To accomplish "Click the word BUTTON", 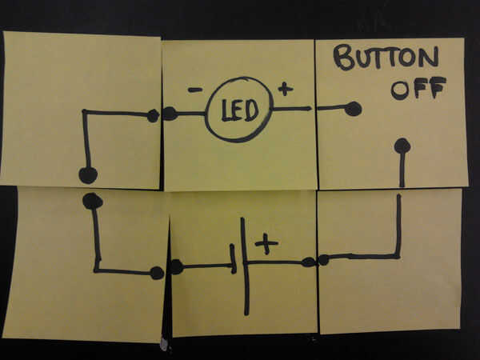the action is (x=386, y=58).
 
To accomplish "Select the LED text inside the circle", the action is (x=239, y=110).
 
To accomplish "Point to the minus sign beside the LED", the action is (x=194, y=90).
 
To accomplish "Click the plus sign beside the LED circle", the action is (x=285, y=89).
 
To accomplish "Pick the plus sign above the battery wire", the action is (x=266, y=242).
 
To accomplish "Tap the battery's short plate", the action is (x=233, y=258).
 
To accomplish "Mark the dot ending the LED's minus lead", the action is (x=170, y=114).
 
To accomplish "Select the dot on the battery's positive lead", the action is (x=308, y=262).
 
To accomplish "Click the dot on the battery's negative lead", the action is (x=176, y=267).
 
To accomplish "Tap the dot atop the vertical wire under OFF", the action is (x=402, y=146).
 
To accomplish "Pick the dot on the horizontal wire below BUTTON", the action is (x=353, y=108).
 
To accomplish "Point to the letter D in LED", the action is (x=251, y=110).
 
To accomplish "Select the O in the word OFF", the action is (x=399, y=90).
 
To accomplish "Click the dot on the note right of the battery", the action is (x=323, y=259).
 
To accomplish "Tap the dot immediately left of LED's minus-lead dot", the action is (x=153, y=116).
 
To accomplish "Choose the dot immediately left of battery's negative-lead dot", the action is (x=157, y=273).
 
